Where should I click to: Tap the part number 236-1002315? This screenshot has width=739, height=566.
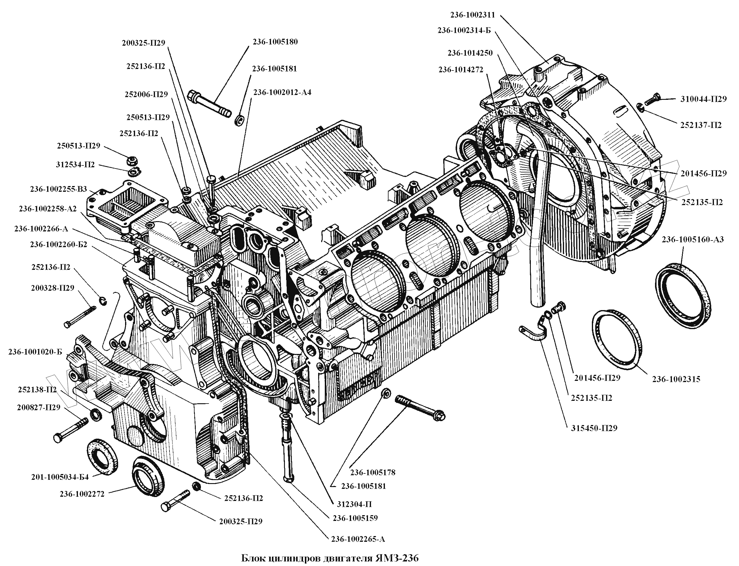(676, 379)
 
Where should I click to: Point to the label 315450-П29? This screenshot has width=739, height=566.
(594, 429)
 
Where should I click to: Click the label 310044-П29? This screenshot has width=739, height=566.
(703, 99)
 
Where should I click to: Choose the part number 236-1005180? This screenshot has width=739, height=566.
(275, 42)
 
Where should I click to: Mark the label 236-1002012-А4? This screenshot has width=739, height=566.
(282, 92)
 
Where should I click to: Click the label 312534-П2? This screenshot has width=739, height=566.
(76, 165)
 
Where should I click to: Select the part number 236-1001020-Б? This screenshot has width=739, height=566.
(35, 352)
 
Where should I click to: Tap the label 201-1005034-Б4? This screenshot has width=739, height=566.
(60, 477)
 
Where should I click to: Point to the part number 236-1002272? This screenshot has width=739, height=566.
(82, 494)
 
